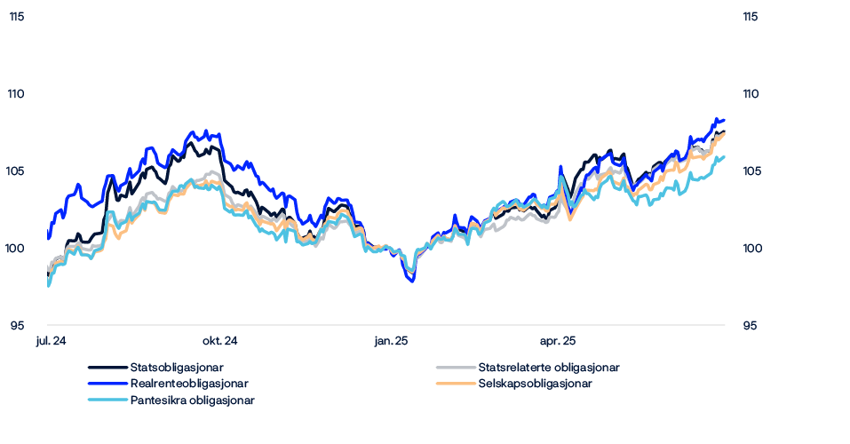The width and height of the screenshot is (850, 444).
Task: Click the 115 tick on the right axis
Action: coord(751,17)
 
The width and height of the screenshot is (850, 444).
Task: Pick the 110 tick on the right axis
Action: coord(751,94)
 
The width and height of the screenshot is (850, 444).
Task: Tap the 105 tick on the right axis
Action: coord(751,171)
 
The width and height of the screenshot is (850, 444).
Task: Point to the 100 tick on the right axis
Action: coord(751,250)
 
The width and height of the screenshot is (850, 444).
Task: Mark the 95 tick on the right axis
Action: coord(751,327)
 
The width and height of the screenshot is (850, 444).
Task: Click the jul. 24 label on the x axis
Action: coord(52,341)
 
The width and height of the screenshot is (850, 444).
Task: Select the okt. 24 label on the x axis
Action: coord(219,341)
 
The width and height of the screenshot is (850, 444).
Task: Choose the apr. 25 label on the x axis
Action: coord(557,341)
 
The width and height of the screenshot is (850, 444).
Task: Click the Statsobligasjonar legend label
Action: coord(176,367)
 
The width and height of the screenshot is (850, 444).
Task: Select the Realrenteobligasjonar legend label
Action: coord(188,384)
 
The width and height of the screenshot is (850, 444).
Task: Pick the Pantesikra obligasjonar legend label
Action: coord(192,400)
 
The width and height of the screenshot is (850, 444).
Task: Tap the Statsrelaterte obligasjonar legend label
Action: coord(548,367)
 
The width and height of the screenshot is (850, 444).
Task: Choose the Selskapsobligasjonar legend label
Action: coord(534,384)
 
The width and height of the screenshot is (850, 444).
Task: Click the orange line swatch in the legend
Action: coord(455,384)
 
